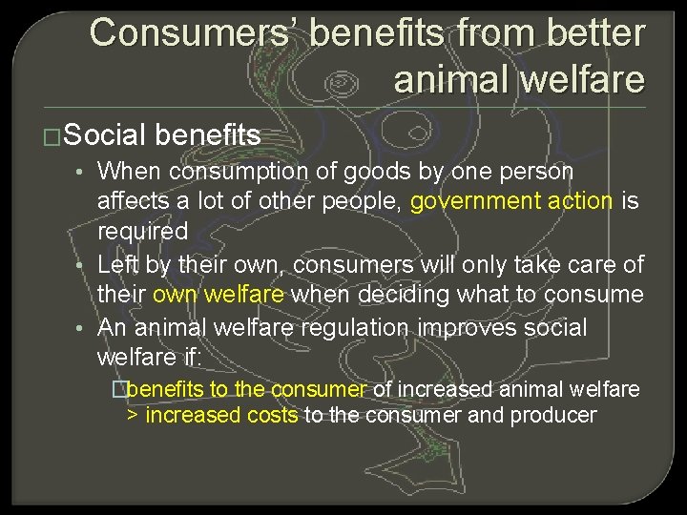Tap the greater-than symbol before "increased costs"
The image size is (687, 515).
133,416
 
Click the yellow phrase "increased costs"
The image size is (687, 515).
222,416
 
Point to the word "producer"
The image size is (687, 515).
553,416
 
